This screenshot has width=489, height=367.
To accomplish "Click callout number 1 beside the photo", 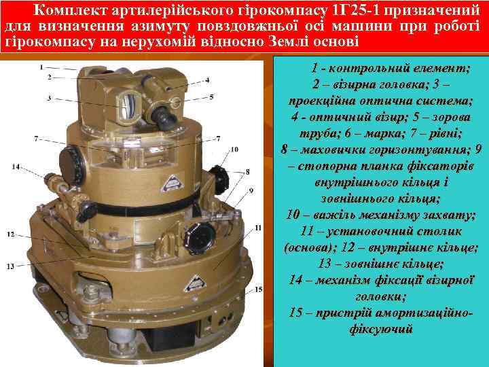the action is coord(41,67).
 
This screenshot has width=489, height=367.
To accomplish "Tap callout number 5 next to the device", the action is coord(211,97).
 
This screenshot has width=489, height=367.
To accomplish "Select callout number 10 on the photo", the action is coord(234,150).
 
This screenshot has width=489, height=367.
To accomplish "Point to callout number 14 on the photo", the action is coord(16,167).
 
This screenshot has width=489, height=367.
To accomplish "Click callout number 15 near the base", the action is coord(259,290).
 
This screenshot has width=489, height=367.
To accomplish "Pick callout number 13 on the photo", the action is coord(10,266).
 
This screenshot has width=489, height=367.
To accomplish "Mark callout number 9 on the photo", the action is coord(251,190).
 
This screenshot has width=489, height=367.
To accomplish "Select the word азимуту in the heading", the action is coord(160,27).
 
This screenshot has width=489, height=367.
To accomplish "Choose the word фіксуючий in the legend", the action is coord(381,329).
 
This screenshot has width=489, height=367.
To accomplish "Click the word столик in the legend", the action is coord(448,232).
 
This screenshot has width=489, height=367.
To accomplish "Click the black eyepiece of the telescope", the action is coord(164,117).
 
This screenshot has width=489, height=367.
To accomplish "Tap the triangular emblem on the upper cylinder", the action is coord(172,183).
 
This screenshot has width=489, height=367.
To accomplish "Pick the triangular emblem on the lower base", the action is coord(195,283).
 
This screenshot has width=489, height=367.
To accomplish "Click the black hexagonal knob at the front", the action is coord(199,238).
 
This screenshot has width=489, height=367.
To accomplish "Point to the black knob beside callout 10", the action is coord(220,177).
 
